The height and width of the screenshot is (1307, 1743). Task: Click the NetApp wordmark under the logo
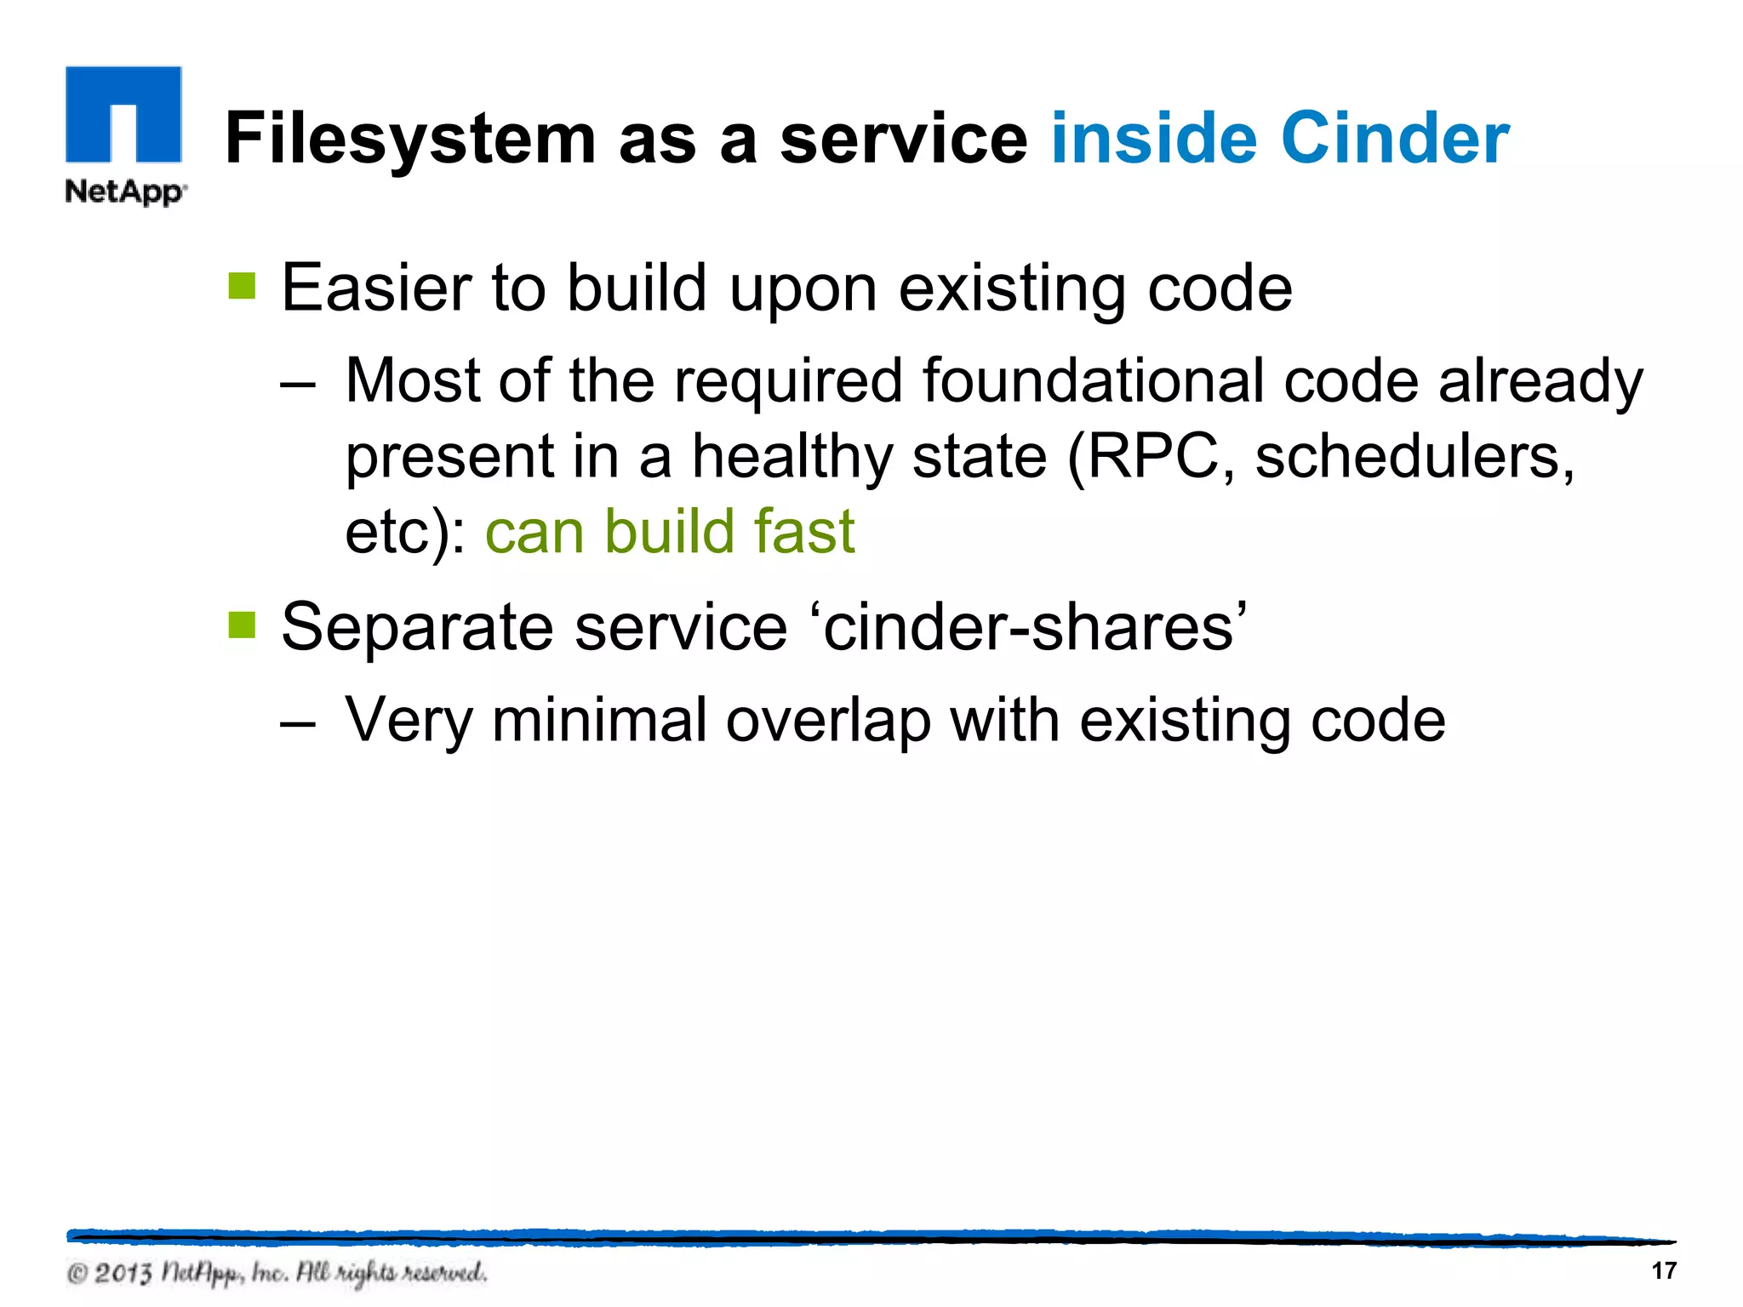click(125, 191)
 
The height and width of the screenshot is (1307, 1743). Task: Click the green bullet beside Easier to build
click(243, 287)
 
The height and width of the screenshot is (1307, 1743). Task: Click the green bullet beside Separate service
click(243, 625)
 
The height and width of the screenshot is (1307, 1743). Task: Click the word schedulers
click(1414, 457)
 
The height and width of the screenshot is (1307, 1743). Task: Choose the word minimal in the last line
click(600, 720)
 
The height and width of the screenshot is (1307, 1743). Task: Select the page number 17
click(1663, 1270)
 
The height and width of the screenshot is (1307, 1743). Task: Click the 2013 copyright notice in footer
click(277, 1273)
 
